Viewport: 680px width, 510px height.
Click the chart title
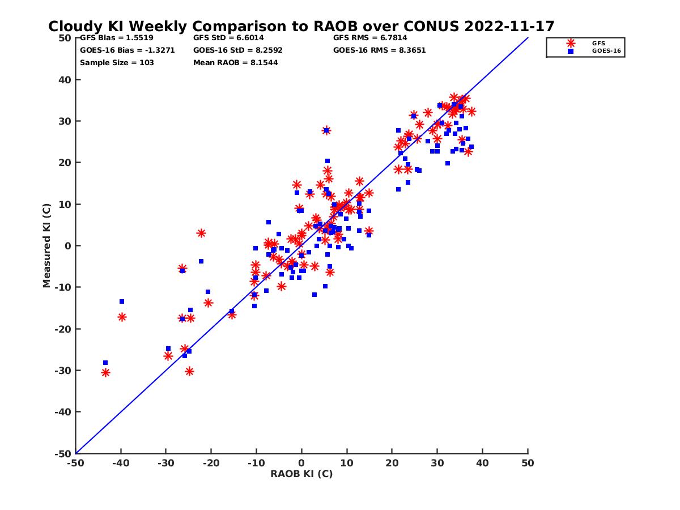[x=301, y=26]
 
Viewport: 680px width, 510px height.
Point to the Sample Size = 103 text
[x=117, y=62]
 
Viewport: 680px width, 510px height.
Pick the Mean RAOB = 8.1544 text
[x=235, y=62]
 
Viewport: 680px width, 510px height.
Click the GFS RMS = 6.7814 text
[x=370, y=38]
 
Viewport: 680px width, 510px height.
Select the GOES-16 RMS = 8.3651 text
[x=379, y=50]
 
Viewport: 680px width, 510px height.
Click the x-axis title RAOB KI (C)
[x=301, y=474]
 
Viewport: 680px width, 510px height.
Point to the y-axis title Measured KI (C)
[x=47, y=245]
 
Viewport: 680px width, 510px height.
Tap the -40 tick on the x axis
[x=120, y=463]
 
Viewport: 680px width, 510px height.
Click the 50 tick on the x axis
[x=528, y=463]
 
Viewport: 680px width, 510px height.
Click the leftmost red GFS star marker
[x=105, y=372]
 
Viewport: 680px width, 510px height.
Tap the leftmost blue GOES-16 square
[x=105, y=363]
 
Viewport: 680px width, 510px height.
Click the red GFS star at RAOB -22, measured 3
[x=201, y=233]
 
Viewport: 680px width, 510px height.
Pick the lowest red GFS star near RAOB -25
[x=189, y=371]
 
